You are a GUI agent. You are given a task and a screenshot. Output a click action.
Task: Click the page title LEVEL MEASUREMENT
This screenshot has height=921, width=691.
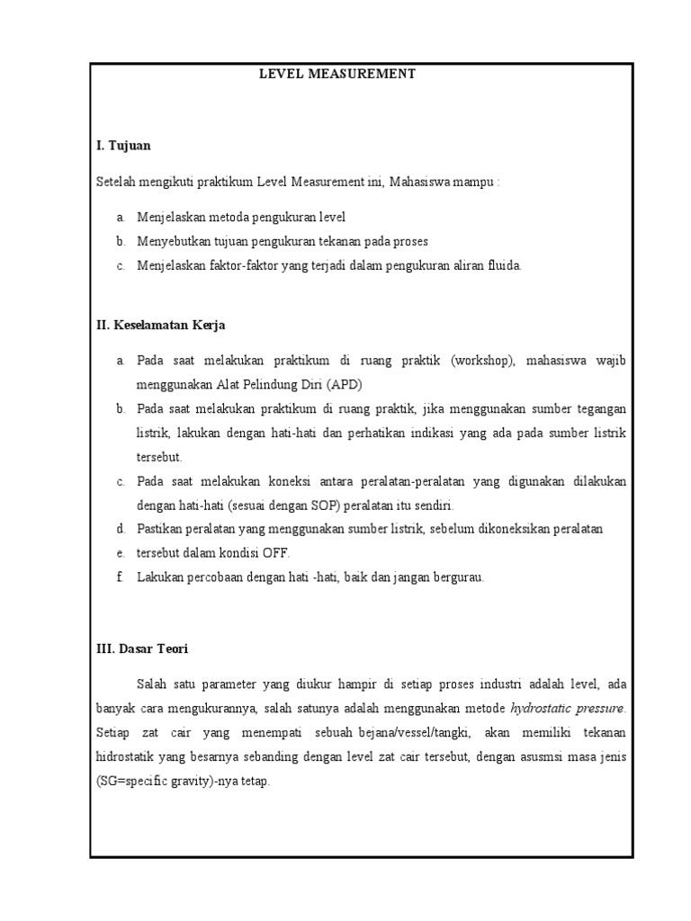[x=337, y=74]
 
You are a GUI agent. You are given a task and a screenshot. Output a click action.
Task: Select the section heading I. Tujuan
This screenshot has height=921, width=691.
[x=123, y=145]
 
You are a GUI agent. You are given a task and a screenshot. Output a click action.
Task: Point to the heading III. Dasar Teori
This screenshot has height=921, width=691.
[x=141, y=648]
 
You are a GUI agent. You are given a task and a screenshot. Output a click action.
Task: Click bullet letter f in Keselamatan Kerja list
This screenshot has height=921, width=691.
[x=119, y=577]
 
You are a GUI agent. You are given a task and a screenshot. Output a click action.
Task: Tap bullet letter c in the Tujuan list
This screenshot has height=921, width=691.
[x=120, y=265]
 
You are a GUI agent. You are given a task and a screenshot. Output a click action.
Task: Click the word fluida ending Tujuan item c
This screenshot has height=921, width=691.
[x=504, y=265]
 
